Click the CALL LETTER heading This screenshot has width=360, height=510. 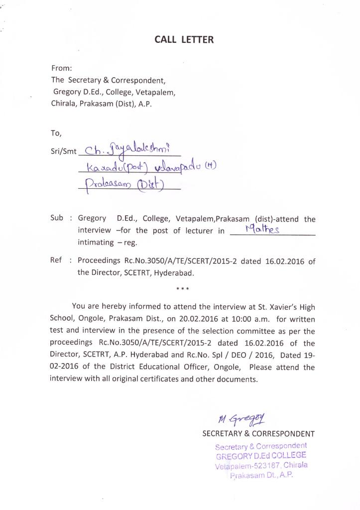point(184,40)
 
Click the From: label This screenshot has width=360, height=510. point(62,68)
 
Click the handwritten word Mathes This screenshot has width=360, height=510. point(262,229)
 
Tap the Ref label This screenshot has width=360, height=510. point(57,260)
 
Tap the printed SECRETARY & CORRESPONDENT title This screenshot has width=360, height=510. point(258,434)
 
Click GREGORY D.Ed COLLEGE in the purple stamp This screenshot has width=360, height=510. point(261,455)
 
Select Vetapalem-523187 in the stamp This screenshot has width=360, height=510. point(247,466)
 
